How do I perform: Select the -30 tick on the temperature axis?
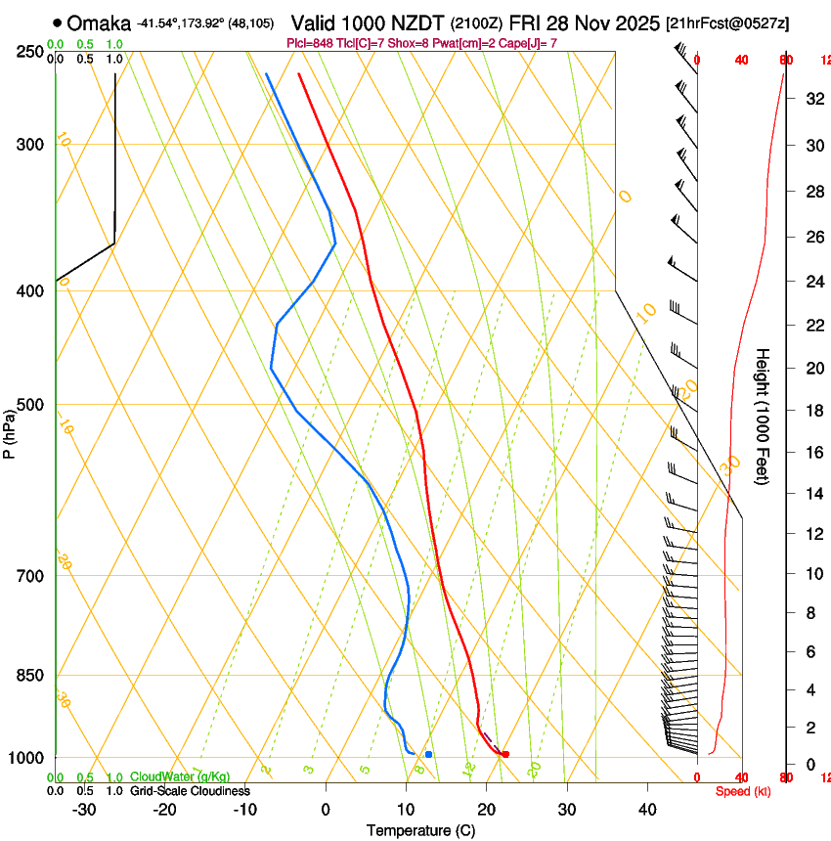[x=84, y=810]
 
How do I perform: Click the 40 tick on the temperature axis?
[x=647, y=810]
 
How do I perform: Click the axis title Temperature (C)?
[x=420, y=830]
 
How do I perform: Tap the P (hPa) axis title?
[x=9, y=430]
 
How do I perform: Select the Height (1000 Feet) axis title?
[x=763, y=416]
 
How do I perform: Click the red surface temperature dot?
[x=505, y=754]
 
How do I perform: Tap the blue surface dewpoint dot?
[x=428, y=754]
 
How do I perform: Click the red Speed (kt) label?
[x=743, y=791]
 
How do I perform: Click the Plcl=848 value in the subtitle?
[x=312, y=43]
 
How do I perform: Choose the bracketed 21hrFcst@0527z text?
[x=728, y=22]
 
